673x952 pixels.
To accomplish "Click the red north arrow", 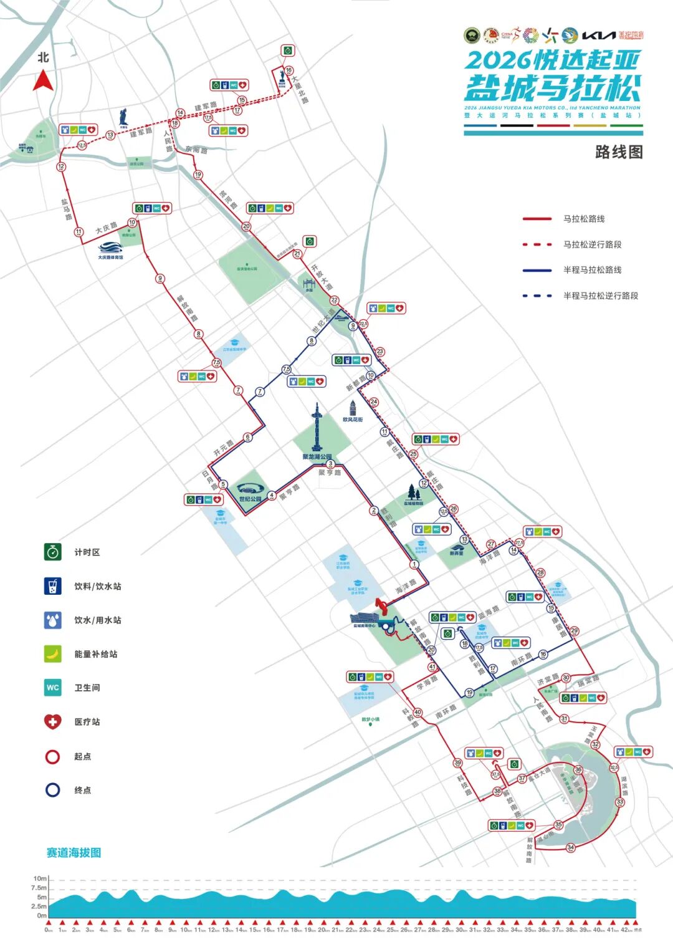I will pyautogui.click(x=43, y=82).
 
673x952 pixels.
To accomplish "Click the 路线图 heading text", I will pyautogui.click(x=618, y=152).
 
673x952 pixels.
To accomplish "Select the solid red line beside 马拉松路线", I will pyautogui.click(x=537, y=219).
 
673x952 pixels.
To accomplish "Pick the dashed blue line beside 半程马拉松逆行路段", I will pyautogui.click(x=537, y=296).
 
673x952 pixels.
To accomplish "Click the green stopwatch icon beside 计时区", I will pyautogui.click(x=53, y=552).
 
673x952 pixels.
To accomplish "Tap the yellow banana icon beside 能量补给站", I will pyautogui.click(x=53, y=653).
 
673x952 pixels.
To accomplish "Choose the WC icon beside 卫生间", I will pyautogui.click(x=53, y=688).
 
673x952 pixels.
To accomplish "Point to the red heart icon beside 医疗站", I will pyautogui.click(x=53, y=722).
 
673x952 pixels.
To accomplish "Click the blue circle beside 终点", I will pyautogui.click(x=53, y=790).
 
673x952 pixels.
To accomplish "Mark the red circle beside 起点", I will pyautogui.click(x=53, y=756).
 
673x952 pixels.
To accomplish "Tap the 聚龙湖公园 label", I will pyautogui.click(x=317, y=457).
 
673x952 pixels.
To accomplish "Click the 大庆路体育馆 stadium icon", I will pyautogui.click(x=110, y=248).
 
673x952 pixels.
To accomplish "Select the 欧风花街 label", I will pyautogui.click(x=353, y=420).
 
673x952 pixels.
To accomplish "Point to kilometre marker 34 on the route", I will pyautogui.click(x=571, y=847).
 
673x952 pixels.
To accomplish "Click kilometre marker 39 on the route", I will pyautogui.click(x=458, y=763).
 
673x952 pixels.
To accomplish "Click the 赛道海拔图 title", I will pyautogui.click(x=74, y=852).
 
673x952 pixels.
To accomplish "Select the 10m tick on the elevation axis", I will pyautogui.click(x=40, y=878).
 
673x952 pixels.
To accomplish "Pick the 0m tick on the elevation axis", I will pyautogui.click(x=41, y=915).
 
